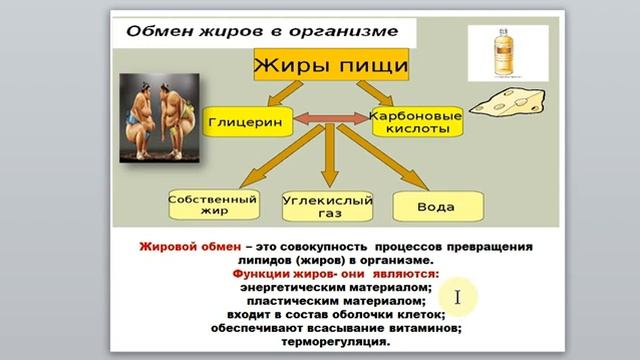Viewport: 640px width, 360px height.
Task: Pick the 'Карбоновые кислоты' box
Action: pos(417,122)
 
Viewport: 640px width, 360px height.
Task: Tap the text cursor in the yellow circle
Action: pos(456,297)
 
